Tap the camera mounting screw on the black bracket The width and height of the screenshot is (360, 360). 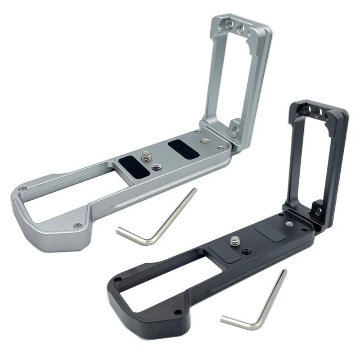[x=234, y=242]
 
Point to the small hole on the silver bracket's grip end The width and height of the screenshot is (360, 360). [x=77, y=225]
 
